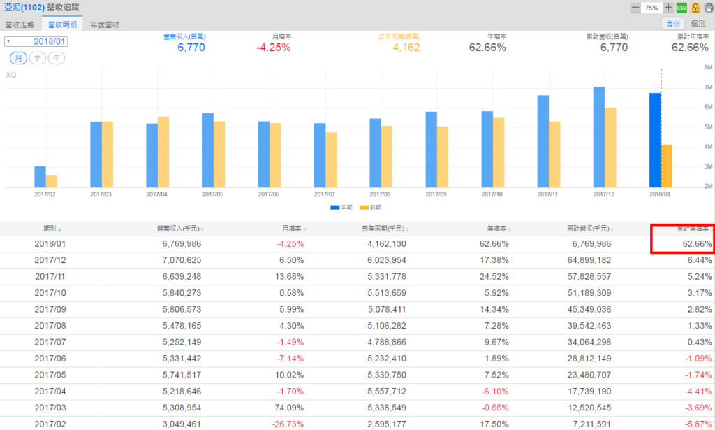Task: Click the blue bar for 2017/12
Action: (598, 136)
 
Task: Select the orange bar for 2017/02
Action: (52, 181)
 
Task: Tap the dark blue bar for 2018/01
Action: (655, 140)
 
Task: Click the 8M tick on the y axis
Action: (707, 68)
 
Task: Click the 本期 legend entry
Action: (341, 208)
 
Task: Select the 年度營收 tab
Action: (105, 24)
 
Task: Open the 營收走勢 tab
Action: (20, 24)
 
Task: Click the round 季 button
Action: (38, 58)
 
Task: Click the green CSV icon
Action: (681, 8)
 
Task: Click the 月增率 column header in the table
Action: (292, 229)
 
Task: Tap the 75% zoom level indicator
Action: (651, 8)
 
